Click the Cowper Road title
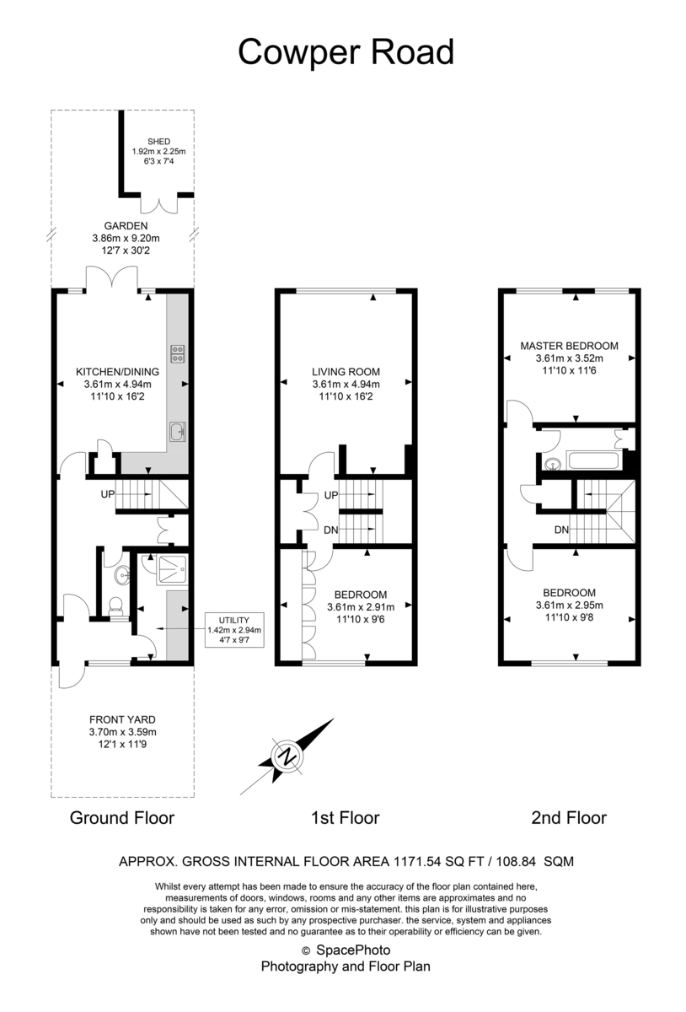point(346,52)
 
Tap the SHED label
point(158,142)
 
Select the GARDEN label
point(126,226)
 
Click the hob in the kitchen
point(178,353)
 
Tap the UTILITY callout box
point(234,629)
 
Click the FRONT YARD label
point(124,719)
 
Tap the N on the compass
point(287,756)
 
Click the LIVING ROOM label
point(346,371)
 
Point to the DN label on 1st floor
point(331,530)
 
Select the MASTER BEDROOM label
point(569,346)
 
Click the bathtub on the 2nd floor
point(594,460)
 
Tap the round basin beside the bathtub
point(553,462)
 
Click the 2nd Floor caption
point(569,817)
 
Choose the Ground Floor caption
point(122,817)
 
